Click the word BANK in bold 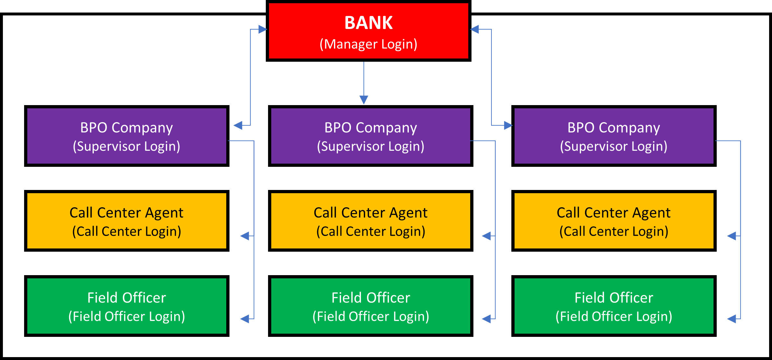click(x=368, y=23)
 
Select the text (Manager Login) click(x=368, y=44)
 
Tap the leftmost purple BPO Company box click(x=127, y=136)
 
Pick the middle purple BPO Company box click(x=371, y=136)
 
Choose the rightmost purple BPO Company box click(x=614, y=136)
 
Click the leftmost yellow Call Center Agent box click(x=127, y=221)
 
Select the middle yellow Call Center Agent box click(x=371, y=221)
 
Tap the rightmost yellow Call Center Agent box click(x=614, y=221)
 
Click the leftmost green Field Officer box click(x=127, y=306)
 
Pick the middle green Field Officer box click(x=371, y=306)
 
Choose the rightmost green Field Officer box click(x=614, y=306)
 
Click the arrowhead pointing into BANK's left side click(x=263, y=30)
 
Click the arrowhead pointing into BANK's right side click(x=475, y=29)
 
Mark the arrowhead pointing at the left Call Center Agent click(x=245, y=236)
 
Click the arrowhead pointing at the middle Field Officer click(x=487, y=319)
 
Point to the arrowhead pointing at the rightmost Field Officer click(x=732, y=319)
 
